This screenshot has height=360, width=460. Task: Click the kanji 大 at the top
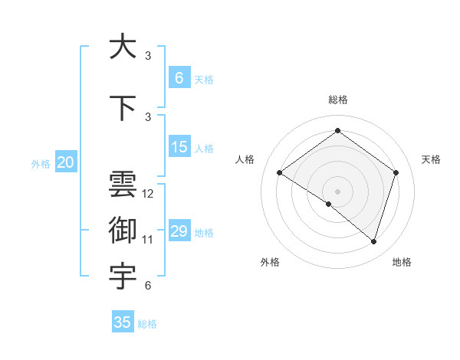(123, 47)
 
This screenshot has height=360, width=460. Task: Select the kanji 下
(123, 107)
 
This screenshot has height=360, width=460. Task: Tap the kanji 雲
(123, 185)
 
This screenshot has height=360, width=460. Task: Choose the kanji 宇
(123, 277)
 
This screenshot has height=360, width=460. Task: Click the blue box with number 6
(179, 78)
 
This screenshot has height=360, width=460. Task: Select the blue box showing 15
(179, 147)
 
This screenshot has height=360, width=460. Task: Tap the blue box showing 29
(179, 231)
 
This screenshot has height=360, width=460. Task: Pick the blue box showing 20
(66, 162)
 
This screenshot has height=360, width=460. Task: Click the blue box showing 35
(123, 322)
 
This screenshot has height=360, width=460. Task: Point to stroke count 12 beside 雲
(148, 194)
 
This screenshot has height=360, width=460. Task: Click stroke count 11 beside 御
(148, 240)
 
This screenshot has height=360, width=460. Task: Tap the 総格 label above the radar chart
(337, 100)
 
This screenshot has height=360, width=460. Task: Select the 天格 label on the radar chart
(431, 159)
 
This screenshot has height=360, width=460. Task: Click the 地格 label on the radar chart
(402, 262)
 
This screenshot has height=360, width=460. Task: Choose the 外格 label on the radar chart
(270, 262)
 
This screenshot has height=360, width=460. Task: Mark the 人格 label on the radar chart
(245, 159)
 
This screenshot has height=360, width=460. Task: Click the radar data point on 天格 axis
(396, 172)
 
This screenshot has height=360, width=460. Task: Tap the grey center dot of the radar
(337, 191)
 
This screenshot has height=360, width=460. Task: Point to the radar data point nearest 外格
(328, 204)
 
